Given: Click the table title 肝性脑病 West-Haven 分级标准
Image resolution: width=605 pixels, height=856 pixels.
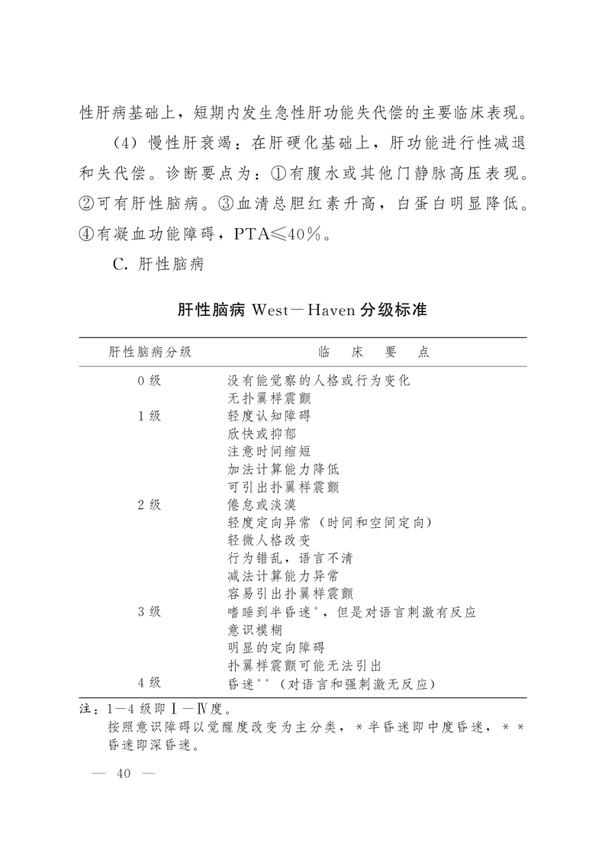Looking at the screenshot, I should coord(302,311).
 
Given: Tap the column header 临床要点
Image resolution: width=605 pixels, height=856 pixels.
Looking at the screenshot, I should coord(373,352).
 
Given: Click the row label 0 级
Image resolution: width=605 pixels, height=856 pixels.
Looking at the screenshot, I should coord(150,380).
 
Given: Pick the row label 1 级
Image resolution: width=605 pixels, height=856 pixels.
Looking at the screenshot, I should coord(150,416).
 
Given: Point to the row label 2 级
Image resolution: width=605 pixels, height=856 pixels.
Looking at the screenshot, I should coord(150,504).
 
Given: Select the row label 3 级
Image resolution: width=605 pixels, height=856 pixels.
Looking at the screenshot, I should coord(150,612).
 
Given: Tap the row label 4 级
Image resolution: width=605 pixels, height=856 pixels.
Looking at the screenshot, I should coord(150,683).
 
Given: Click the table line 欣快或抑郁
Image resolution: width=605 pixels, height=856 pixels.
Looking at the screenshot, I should coord(260,433).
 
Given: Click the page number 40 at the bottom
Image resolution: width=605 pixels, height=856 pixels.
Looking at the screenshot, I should coord(123,774).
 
